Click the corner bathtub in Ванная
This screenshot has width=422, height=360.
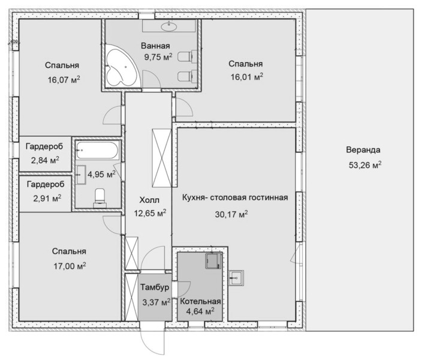coord(120,66)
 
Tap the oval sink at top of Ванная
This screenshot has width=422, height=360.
coord(169,26)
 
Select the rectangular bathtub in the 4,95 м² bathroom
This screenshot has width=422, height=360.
coord(97,150)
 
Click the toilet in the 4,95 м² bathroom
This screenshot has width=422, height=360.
coord(100,198)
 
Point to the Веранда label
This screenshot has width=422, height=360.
coord(363,150)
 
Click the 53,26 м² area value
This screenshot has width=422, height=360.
coord(365,165)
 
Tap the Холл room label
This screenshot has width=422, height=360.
coord(149,200)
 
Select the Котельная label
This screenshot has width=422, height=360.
coord(200,301)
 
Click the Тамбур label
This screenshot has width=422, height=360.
coord(155,287)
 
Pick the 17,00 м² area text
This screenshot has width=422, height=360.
coord(70,266)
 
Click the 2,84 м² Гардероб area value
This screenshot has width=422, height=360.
coord(45,160)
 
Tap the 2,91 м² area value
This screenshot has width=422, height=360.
coord(47,199)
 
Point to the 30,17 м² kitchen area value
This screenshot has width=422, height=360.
coord(231,214)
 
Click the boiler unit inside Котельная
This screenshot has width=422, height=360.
coord(213,260)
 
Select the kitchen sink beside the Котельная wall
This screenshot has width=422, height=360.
coord(236,278)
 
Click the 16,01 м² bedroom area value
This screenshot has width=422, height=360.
coord(247,77)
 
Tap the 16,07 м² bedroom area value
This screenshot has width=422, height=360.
coord(64,80)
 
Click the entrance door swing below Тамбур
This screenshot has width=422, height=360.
coord(152,340)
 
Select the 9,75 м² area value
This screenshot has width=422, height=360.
coord(158,57)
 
